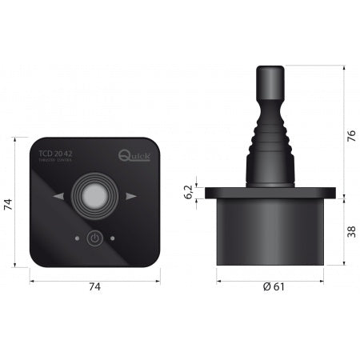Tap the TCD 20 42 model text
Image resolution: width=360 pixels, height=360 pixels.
coord(54,154)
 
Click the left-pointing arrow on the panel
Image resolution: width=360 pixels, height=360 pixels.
coord(58,196)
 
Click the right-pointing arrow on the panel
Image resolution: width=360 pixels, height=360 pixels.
coord(131,196)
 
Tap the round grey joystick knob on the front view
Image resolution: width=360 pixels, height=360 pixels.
coord(94,194)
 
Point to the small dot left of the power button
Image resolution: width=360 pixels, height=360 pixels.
coord(77,238)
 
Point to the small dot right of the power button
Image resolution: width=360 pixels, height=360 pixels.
coord(113,238)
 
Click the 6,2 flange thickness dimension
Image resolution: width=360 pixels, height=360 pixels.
coord(189,194)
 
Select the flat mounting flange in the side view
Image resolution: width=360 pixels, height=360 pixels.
coord(270,194)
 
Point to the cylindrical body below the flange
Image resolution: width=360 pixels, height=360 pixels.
coord(270,232)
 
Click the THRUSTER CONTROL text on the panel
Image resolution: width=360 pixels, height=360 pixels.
coord(55,162)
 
